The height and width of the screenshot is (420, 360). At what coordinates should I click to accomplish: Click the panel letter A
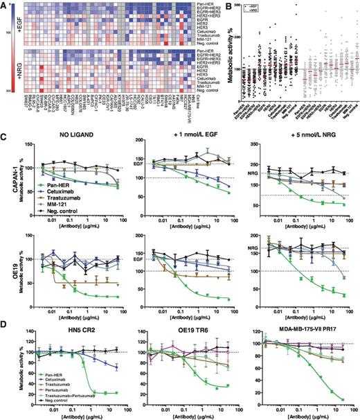coord(5,5)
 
